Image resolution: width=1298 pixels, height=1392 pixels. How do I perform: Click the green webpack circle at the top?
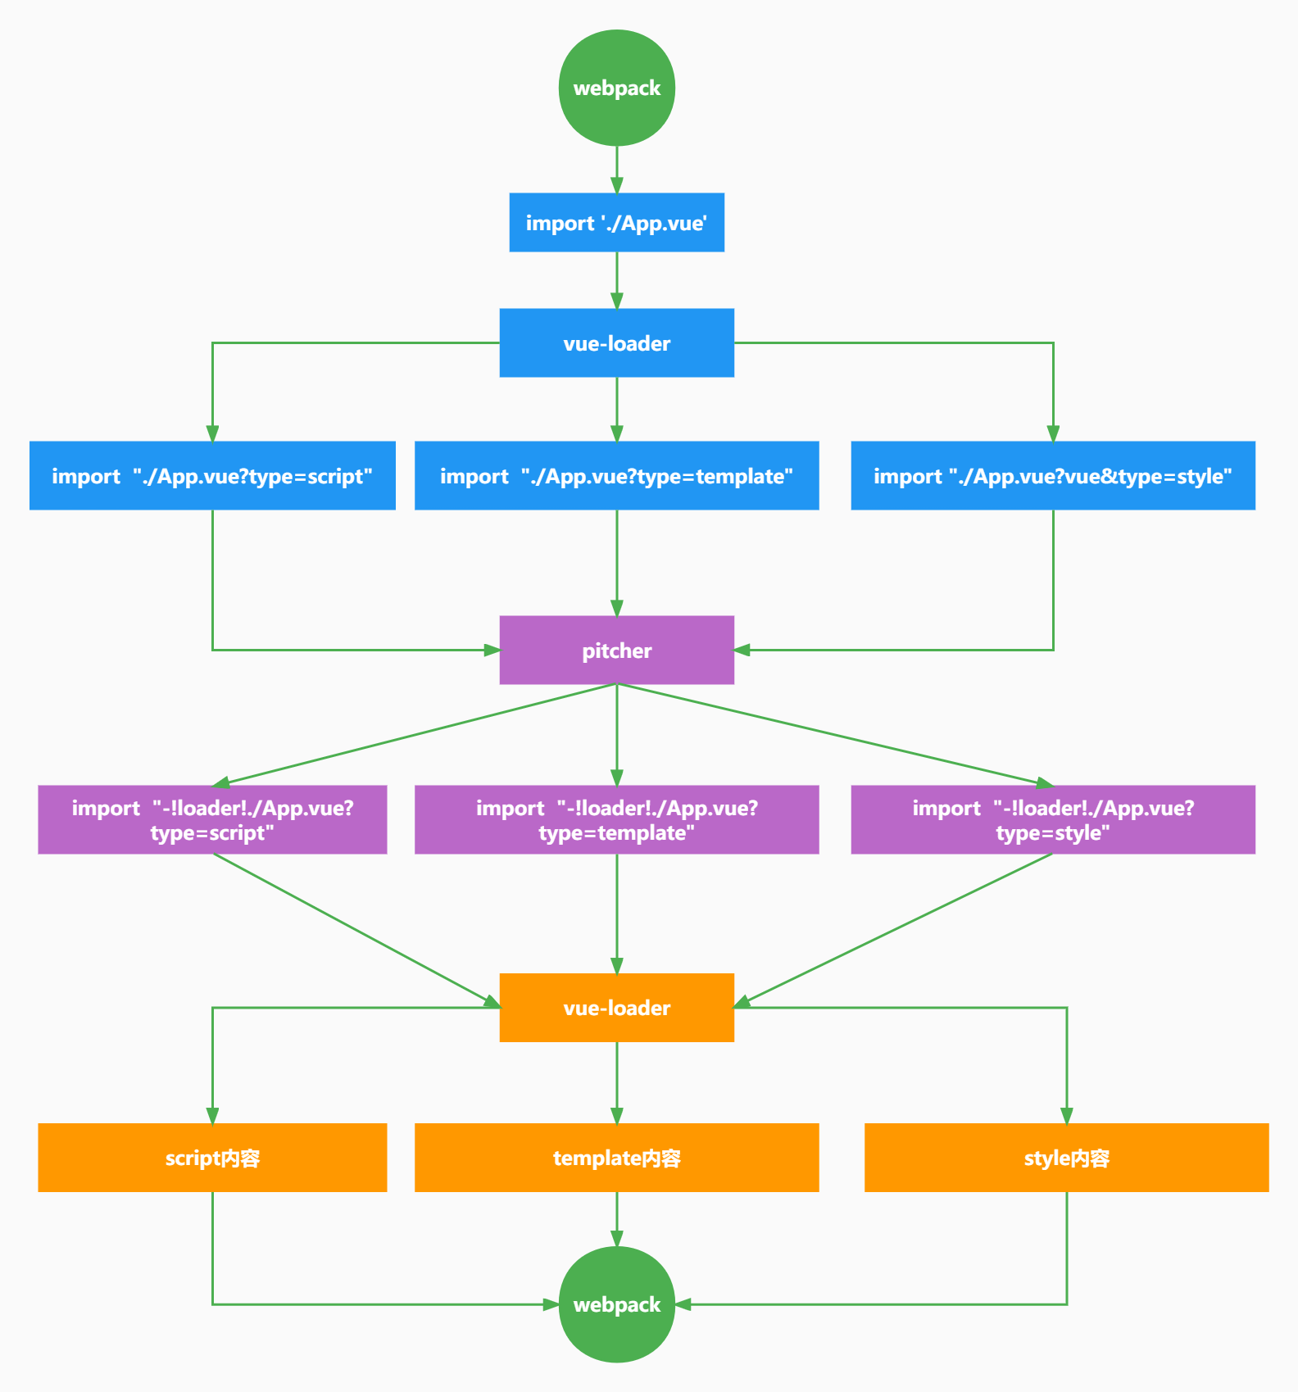616,88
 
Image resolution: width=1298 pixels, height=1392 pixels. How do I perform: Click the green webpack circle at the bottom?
616,1304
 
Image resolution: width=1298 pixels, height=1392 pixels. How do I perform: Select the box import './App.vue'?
616,223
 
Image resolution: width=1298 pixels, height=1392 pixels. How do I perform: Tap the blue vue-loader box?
616,343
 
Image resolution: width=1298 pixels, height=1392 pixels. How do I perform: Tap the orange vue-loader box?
616,1008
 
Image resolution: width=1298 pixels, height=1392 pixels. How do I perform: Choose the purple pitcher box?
616,651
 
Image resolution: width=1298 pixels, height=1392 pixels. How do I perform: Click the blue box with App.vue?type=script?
212,476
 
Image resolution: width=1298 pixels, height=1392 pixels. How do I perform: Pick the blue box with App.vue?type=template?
616,476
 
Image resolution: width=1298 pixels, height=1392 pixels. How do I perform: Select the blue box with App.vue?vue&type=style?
1053,476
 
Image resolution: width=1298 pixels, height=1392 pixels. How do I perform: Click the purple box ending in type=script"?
212,820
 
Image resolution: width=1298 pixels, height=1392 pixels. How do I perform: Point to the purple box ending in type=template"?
616,820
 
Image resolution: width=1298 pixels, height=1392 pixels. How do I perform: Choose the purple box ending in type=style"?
1053,820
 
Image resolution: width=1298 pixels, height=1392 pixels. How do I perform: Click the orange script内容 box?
212,1158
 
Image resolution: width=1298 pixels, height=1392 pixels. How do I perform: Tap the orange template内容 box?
616,1158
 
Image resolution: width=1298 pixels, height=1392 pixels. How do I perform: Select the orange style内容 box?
1066,1158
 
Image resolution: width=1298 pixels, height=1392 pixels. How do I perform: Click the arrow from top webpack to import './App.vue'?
616,170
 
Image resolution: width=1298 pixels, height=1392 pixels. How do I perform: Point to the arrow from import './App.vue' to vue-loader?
616,281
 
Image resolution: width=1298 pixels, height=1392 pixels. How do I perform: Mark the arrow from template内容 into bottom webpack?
616,1220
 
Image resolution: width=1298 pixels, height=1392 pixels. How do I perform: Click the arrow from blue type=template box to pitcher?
616,563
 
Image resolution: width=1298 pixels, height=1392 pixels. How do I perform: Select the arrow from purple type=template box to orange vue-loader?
616,914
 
